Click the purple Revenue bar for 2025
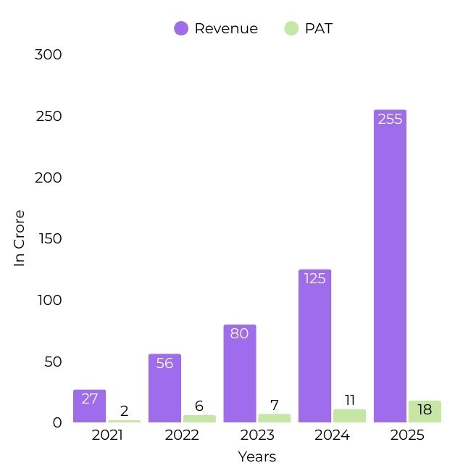pos(390,266)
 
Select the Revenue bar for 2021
pos(90,406)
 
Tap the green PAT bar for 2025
pos(425,412)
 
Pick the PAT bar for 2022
pos(199,419)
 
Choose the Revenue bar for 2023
pos(240,373)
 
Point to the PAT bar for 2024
pos(349,416)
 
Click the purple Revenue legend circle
pos(181,28)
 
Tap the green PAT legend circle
pos(291,28)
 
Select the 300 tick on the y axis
pos(49,54)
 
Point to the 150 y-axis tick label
pos(50,238)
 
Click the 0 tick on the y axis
pos(57,422)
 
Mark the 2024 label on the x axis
pos(332,435)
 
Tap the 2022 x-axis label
pos(182,435)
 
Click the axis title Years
pos(257,456)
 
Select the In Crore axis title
pos(19,238)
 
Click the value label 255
pos(390,119)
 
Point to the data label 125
pos(314,278)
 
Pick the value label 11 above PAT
pos(350,400)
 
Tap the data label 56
pos(164,363)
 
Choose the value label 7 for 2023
pos(275,405)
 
